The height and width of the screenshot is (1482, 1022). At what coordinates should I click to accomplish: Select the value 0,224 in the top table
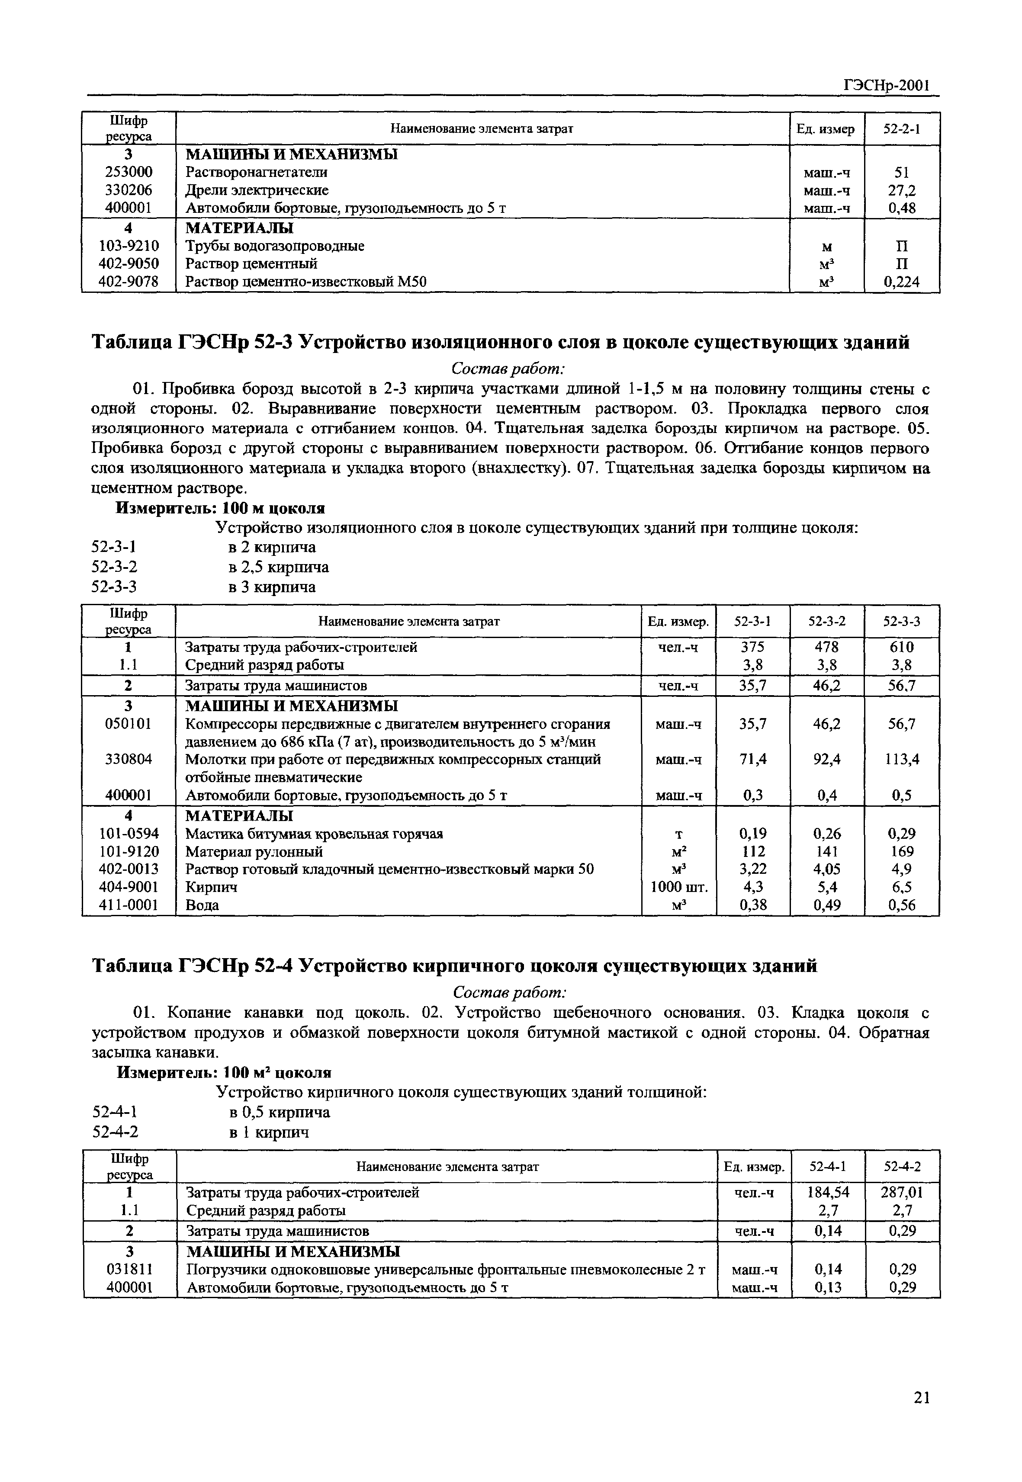(902, 282)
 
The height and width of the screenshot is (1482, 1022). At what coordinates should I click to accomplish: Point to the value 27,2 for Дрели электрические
(902, 190)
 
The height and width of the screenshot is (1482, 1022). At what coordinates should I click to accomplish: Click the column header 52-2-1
(902, 128)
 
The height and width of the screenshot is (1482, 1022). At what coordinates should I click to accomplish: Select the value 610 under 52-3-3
(902, 647)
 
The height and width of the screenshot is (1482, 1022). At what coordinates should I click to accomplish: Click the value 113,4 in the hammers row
(902, 759)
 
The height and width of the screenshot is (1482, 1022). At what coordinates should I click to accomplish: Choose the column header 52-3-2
(827, 621)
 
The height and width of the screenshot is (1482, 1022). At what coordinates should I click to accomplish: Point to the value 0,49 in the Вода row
(827, 905)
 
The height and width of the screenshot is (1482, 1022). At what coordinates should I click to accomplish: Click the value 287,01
(903, 1193)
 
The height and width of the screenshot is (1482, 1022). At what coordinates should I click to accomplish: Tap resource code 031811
(129, 1270)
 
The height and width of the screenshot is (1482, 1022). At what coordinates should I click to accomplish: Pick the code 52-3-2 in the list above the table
(115, 567)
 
